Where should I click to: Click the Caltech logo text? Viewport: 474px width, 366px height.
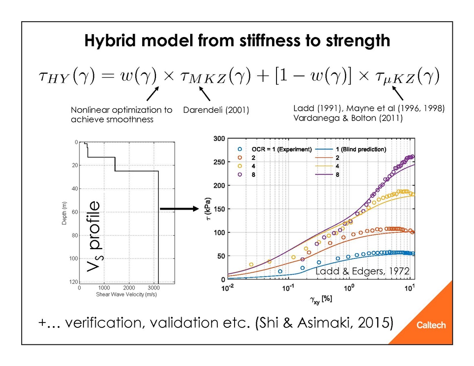click(431, 325)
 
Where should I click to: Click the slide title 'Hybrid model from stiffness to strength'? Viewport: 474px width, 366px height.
click(237, 41)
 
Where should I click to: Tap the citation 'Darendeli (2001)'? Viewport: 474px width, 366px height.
click(216, 110)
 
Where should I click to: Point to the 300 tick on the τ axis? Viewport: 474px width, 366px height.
click(219, 139)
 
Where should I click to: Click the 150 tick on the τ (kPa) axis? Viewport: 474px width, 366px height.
click(219, 209)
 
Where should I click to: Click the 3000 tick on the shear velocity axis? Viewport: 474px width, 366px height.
click(154, 288)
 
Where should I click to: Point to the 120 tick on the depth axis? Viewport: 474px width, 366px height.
click(74, 282)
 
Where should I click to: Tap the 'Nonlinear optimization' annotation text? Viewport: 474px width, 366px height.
click(121, 110)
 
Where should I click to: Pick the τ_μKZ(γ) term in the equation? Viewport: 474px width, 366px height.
click(407, 77)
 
